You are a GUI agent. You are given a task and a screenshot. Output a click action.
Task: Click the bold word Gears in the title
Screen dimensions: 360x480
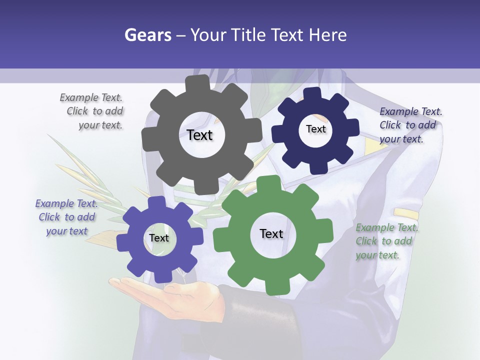pos(147,35)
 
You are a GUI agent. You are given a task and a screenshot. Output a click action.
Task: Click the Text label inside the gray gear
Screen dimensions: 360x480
pos(199,135)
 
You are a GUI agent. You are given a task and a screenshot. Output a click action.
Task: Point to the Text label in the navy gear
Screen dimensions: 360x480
pos(315,129)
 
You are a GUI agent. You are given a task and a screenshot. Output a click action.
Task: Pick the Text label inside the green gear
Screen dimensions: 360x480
pos(271,233)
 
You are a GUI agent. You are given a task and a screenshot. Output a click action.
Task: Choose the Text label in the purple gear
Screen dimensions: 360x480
pos(159,238)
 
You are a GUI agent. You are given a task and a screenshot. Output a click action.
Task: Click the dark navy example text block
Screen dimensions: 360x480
pos(410,125)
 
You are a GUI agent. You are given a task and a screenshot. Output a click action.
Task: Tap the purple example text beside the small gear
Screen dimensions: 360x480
pos(66,217)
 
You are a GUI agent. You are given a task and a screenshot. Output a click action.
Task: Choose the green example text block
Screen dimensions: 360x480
pos(386,241)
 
